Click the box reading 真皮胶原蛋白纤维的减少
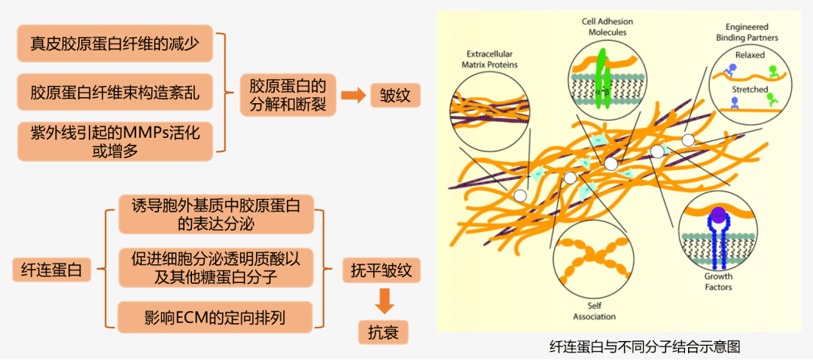point(114,44)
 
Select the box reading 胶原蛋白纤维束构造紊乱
point(114,93)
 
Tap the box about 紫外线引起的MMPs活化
point(114,141)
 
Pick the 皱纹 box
point(394,96)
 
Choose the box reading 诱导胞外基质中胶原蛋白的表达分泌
point(216,214)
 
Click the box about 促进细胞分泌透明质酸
point(216,268)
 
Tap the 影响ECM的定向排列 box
point(216,316)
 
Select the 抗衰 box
point(384,331)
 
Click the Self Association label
point(595,311)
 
